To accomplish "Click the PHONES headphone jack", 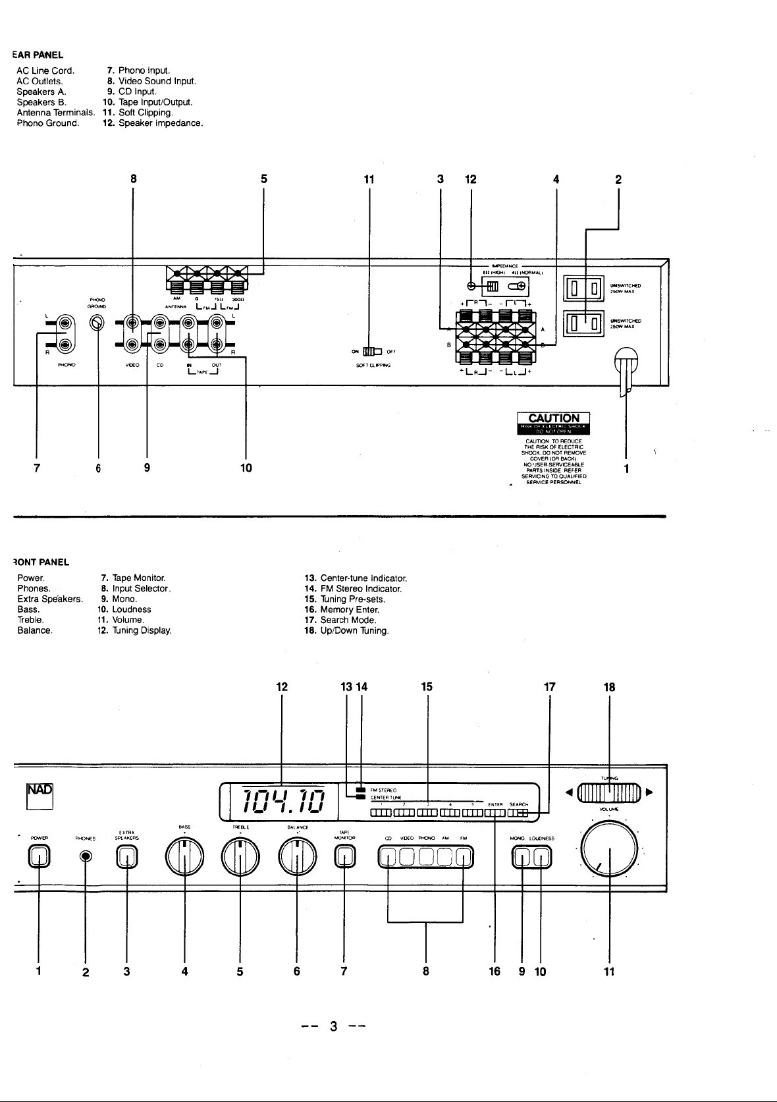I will [85, 856].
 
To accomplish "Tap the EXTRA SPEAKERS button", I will [127, 856].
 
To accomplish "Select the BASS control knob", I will [185, 856].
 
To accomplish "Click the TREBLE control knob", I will [240, 856].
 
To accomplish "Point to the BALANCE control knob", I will [298, 856].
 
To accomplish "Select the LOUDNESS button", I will [542, 856].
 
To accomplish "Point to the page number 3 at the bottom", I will [334, 1026].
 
